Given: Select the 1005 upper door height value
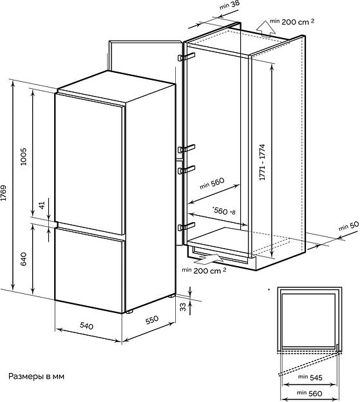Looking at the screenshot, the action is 23,157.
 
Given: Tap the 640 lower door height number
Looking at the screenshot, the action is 23,259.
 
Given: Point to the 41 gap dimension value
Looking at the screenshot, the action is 42,205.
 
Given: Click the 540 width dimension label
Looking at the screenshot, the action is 86,325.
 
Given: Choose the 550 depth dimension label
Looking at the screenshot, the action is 152,320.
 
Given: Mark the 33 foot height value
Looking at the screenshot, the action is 183,307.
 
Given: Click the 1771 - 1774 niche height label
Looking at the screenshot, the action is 262,162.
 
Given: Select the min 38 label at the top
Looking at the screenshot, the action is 229,5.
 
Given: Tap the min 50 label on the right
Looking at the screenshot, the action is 348,226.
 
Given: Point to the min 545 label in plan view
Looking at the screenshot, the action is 310,377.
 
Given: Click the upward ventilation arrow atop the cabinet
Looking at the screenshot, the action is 266,28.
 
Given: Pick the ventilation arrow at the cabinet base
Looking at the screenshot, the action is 208,259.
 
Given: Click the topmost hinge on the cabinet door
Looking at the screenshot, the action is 186,57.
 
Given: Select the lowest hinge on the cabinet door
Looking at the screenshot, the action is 186,226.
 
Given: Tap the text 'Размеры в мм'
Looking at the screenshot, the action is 36,376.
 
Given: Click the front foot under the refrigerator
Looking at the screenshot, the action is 129,312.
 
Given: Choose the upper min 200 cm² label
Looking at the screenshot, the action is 292,21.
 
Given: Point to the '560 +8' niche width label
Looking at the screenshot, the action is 223,211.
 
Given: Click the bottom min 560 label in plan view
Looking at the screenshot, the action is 310,393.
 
